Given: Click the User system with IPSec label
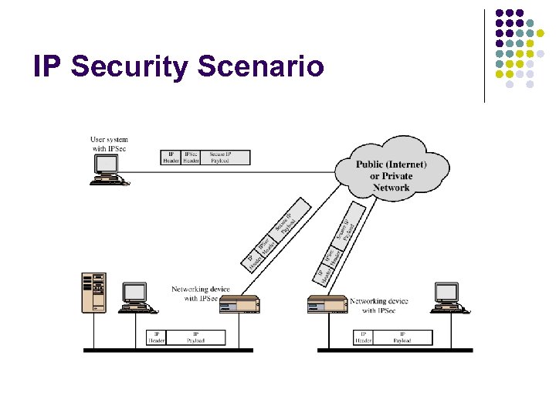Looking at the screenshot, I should pos(109,144).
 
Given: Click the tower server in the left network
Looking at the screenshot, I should pos(94,292).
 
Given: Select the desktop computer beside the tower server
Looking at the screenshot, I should pos(136,297).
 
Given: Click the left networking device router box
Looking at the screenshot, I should pos(239,304).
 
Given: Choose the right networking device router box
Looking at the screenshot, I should pos(327,303).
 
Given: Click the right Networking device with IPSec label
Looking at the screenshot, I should pos(379,306).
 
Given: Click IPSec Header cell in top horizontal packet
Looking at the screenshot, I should pos(191,158).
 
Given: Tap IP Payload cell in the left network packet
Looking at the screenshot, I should pos(196,337).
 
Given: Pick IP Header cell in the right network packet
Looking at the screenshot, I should pos(363,337).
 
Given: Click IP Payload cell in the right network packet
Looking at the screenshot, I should pos(402,337).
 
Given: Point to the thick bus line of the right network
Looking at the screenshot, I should pos(395,351).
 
